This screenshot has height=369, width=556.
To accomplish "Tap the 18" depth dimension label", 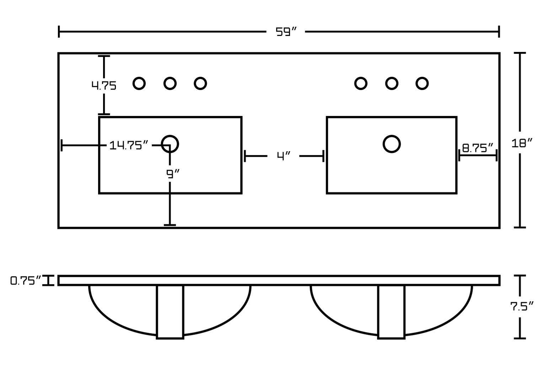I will [x=522, y=143].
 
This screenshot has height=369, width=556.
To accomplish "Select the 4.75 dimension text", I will [x=104, y=86].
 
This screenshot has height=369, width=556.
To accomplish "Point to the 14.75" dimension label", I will [x=129, y=145].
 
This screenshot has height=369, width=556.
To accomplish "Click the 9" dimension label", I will [x=173, y=174].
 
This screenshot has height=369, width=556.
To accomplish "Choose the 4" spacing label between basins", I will [x=284, y=156].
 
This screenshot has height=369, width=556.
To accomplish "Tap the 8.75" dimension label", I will [x=478, y=148].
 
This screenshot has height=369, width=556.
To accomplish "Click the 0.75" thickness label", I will [x=26, y=281].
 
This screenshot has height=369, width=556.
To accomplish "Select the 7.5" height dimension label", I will [x=522, y=306].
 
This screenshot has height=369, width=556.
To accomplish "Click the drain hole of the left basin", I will [x=170, y=144].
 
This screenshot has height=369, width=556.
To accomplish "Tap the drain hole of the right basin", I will [x=392, y=144].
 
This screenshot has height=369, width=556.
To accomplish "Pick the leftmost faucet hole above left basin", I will [x=139, y=84].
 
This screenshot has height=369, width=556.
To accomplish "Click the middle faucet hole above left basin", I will [x=170, y=84].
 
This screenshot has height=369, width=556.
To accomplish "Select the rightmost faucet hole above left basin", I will [x=201, y=84].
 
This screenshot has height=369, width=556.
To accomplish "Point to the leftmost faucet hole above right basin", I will [x=361, y=84].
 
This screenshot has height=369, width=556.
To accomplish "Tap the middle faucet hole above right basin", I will [x=391, y=84].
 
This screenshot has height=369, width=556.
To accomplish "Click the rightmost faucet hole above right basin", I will [x=422, y=84].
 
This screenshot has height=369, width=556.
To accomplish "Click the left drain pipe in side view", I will [x=170, y=312].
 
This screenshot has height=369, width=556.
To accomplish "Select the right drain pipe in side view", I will [x=391, y=312].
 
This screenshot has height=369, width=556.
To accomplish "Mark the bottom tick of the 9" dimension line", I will [x=170, y=225].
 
